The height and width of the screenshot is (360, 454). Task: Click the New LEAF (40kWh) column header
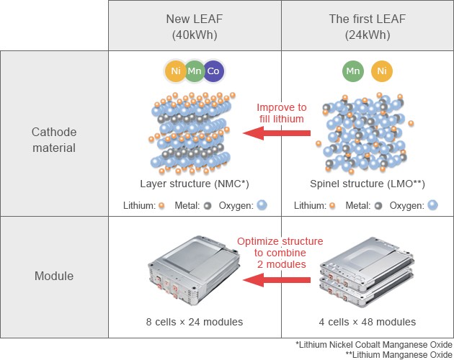point(195,26)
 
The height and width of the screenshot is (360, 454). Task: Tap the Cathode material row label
point(55,140)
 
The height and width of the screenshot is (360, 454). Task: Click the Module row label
point(55,276)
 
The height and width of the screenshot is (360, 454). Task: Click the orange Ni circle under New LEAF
point(175,71)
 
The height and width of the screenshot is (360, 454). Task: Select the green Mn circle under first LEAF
point(352,71)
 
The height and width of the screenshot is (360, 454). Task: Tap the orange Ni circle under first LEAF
point(382,71)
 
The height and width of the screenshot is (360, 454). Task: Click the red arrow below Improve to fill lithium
point(277,132)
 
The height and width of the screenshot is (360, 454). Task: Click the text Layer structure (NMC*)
point(195,184)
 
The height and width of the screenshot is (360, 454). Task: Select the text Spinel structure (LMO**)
point(367,184)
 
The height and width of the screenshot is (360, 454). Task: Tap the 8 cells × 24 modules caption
point(195,322)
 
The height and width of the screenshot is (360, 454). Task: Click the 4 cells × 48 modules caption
point(367,322)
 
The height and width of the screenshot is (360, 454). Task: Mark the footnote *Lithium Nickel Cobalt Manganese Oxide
point(375,344)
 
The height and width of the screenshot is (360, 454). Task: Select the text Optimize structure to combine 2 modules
point(280,253)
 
